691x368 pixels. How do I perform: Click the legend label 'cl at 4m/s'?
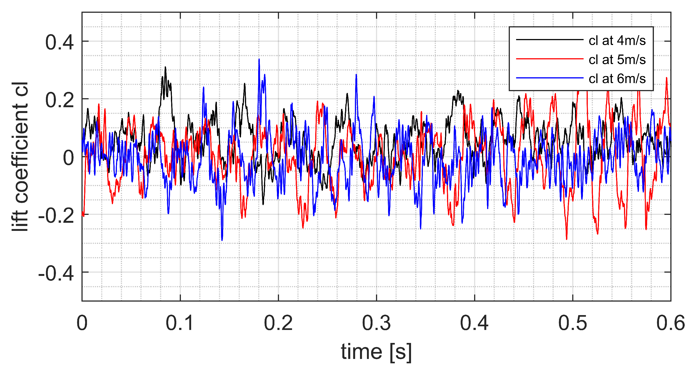[617, 41]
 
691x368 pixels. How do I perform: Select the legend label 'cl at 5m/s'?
[617, 60]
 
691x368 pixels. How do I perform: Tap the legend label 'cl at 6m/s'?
[617, 79]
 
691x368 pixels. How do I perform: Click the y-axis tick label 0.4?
[59, 42]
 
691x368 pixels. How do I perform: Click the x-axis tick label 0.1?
[180, 323]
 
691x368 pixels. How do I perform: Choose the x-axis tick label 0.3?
[376, 323]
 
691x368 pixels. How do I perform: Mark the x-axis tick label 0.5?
[572, 323]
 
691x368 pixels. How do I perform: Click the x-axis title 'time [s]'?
[376, 351]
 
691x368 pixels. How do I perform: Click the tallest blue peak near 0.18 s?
[259, 60]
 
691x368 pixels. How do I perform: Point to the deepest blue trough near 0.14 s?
[222, 240]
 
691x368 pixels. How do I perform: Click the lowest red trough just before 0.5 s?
[566, 239]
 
